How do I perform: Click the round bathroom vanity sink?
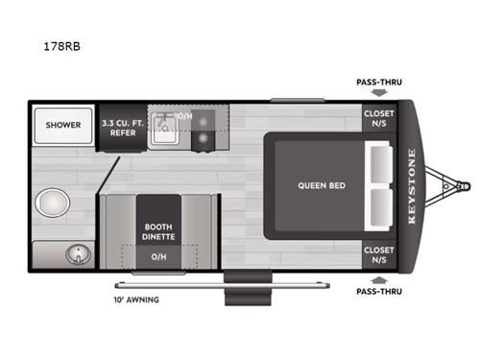(75, 253)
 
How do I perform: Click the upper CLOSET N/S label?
(376, 117)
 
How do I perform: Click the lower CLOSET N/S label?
(376, 253)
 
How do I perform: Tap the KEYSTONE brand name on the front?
(413, 184)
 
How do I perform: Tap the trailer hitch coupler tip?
(468, 184)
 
